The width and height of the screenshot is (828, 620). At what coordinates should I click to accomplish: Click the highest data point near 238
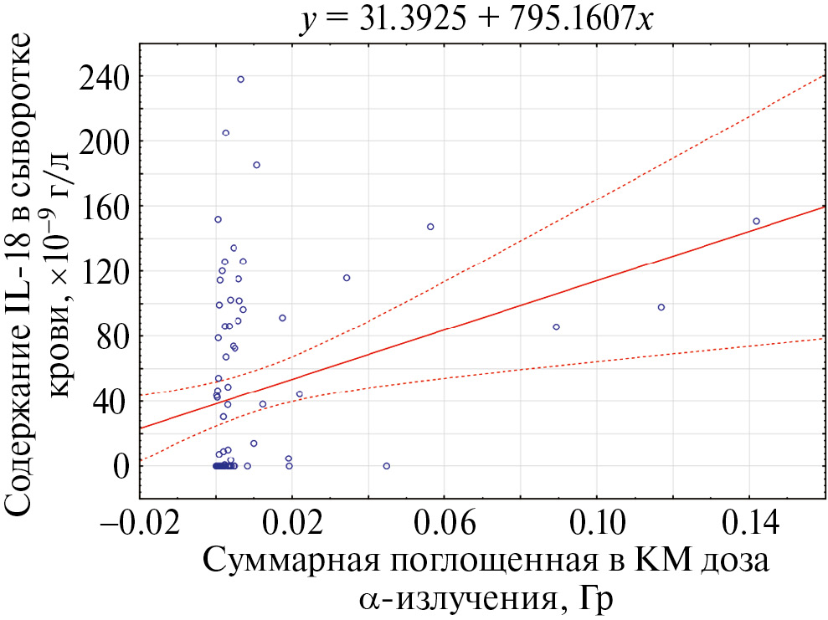pos(240,79)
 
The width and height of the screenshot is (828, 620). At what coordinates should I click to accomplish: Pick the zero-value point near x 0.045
pos(387,466)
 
